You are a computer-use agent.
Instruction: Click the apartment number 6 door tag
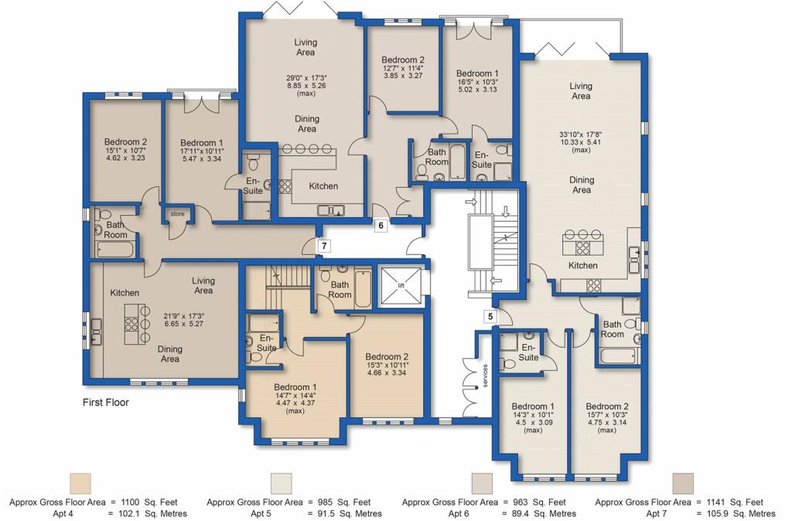(x=381, y=226)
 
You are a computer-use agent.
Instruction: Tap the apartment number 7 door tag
(x=324, y=246)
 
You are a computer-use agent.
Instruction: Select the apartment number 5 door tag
(x=490, y=316)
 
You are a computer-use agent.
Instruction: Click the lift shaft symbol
(x=401, y=286)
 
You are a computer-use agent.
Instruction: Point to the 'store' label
(x=177, y=214)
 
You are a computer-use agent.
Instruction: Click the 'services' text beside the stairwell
(x=485, y=376)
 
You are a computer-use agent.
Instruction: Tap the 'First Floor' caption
(x=105, y=403)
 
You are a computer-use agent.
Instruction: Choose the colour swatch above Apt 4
(x=80, y=483)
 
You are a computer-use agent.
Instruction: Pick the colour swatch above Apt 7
(x=683, y=483)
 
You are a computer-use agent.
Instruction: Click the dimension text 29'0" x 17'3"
(x=306, y=78)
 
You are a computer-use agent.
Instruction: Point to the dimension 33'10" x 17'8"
(x=581, y=135)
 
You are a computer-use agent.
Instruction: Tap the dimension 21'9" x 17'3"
(x=183, y=316)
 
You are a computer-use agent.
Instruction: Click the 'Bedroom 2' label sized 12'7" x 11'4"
(x=402, y=60)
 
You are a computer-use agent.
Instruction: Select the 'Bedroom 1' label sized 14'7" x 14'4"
(x=295, y=386)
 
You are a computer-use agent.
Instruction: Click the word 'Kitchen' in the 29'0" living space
(x=323, y=186)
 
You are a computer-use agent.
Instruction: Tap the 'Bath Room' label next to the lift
(x=340, y=290)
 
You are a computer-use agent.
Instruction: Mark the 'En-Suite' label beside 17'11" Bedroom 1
(x=253, y=186)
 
